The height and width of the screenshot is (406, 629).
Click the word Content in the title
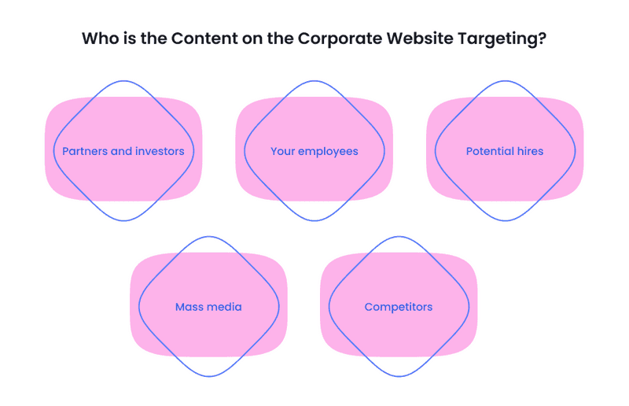[204, 39]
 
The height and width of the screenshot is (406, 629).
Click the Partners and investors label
[123, 151]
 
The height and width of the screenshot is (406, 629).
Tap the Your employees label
[314, 152]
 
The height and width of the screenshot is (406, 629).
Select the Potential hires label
[505, 151]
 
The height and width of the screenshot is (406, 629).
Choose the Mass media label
[208, 307]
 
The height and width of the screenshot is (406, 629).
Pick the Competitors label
[399, 308]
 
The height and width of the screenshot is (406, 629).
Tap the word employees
[328, 152]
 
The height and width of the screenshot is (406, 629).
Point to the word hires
[530, 151]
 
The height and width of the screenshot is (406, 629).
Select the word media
[226, 307]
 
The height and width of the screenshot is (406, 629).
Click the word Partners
[85, 151]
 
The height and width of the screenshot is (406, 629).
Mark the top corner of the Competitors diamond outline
[399, 237]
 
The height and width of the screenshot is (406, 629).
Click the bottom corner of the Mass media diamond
[209, 376]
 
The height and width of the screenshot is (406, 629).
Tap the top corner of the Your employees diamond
[314, 81]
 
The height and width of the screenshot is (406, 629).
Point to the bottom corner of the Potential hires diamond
[505, 220]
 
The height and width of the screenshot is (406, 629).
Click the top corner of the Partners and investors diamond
[123, 81]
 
